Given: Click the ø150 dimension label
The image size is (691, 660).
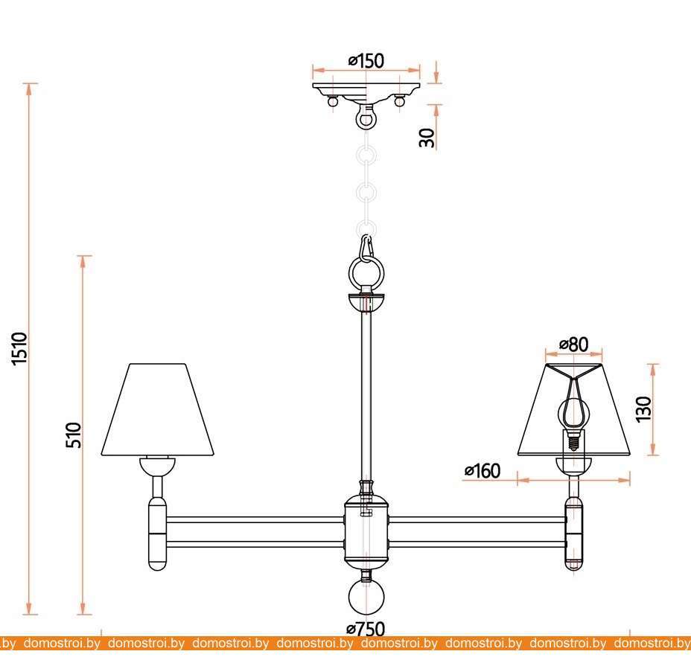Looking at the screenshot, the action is [x=366, y=61].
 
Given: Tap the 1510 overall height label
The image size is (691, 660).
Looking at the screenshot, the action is [x=20, y=349].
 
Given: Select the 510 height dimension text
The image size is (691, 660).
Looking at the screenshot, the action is [x=74, y=435].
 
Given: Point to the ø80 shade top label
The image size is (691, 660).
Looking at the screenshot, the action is [x=574, y=345].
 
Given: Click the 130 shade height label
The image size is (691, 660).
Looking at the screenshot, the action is [x=643, y=409].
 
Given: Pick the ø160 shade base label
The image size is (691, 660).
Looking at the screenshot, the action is [x=483, y=471].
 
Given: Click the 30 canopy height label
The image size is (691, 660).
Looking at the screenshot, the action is [x=427, y=138].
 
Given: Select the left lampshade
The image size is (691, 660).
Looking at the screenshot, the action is [x=157, y=409].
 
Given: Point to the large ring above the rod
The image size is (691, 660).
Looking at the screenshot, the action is [x=366, y=272].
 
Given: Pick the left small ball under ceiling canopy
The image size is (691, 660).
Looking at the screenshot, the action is [x=333, y=101].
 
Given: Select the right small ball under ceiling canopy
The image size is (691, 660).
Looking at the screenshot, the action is [x=399, y=101].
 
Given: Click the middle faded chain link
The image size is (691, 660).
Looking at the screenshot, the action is [x=366, y=193].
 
